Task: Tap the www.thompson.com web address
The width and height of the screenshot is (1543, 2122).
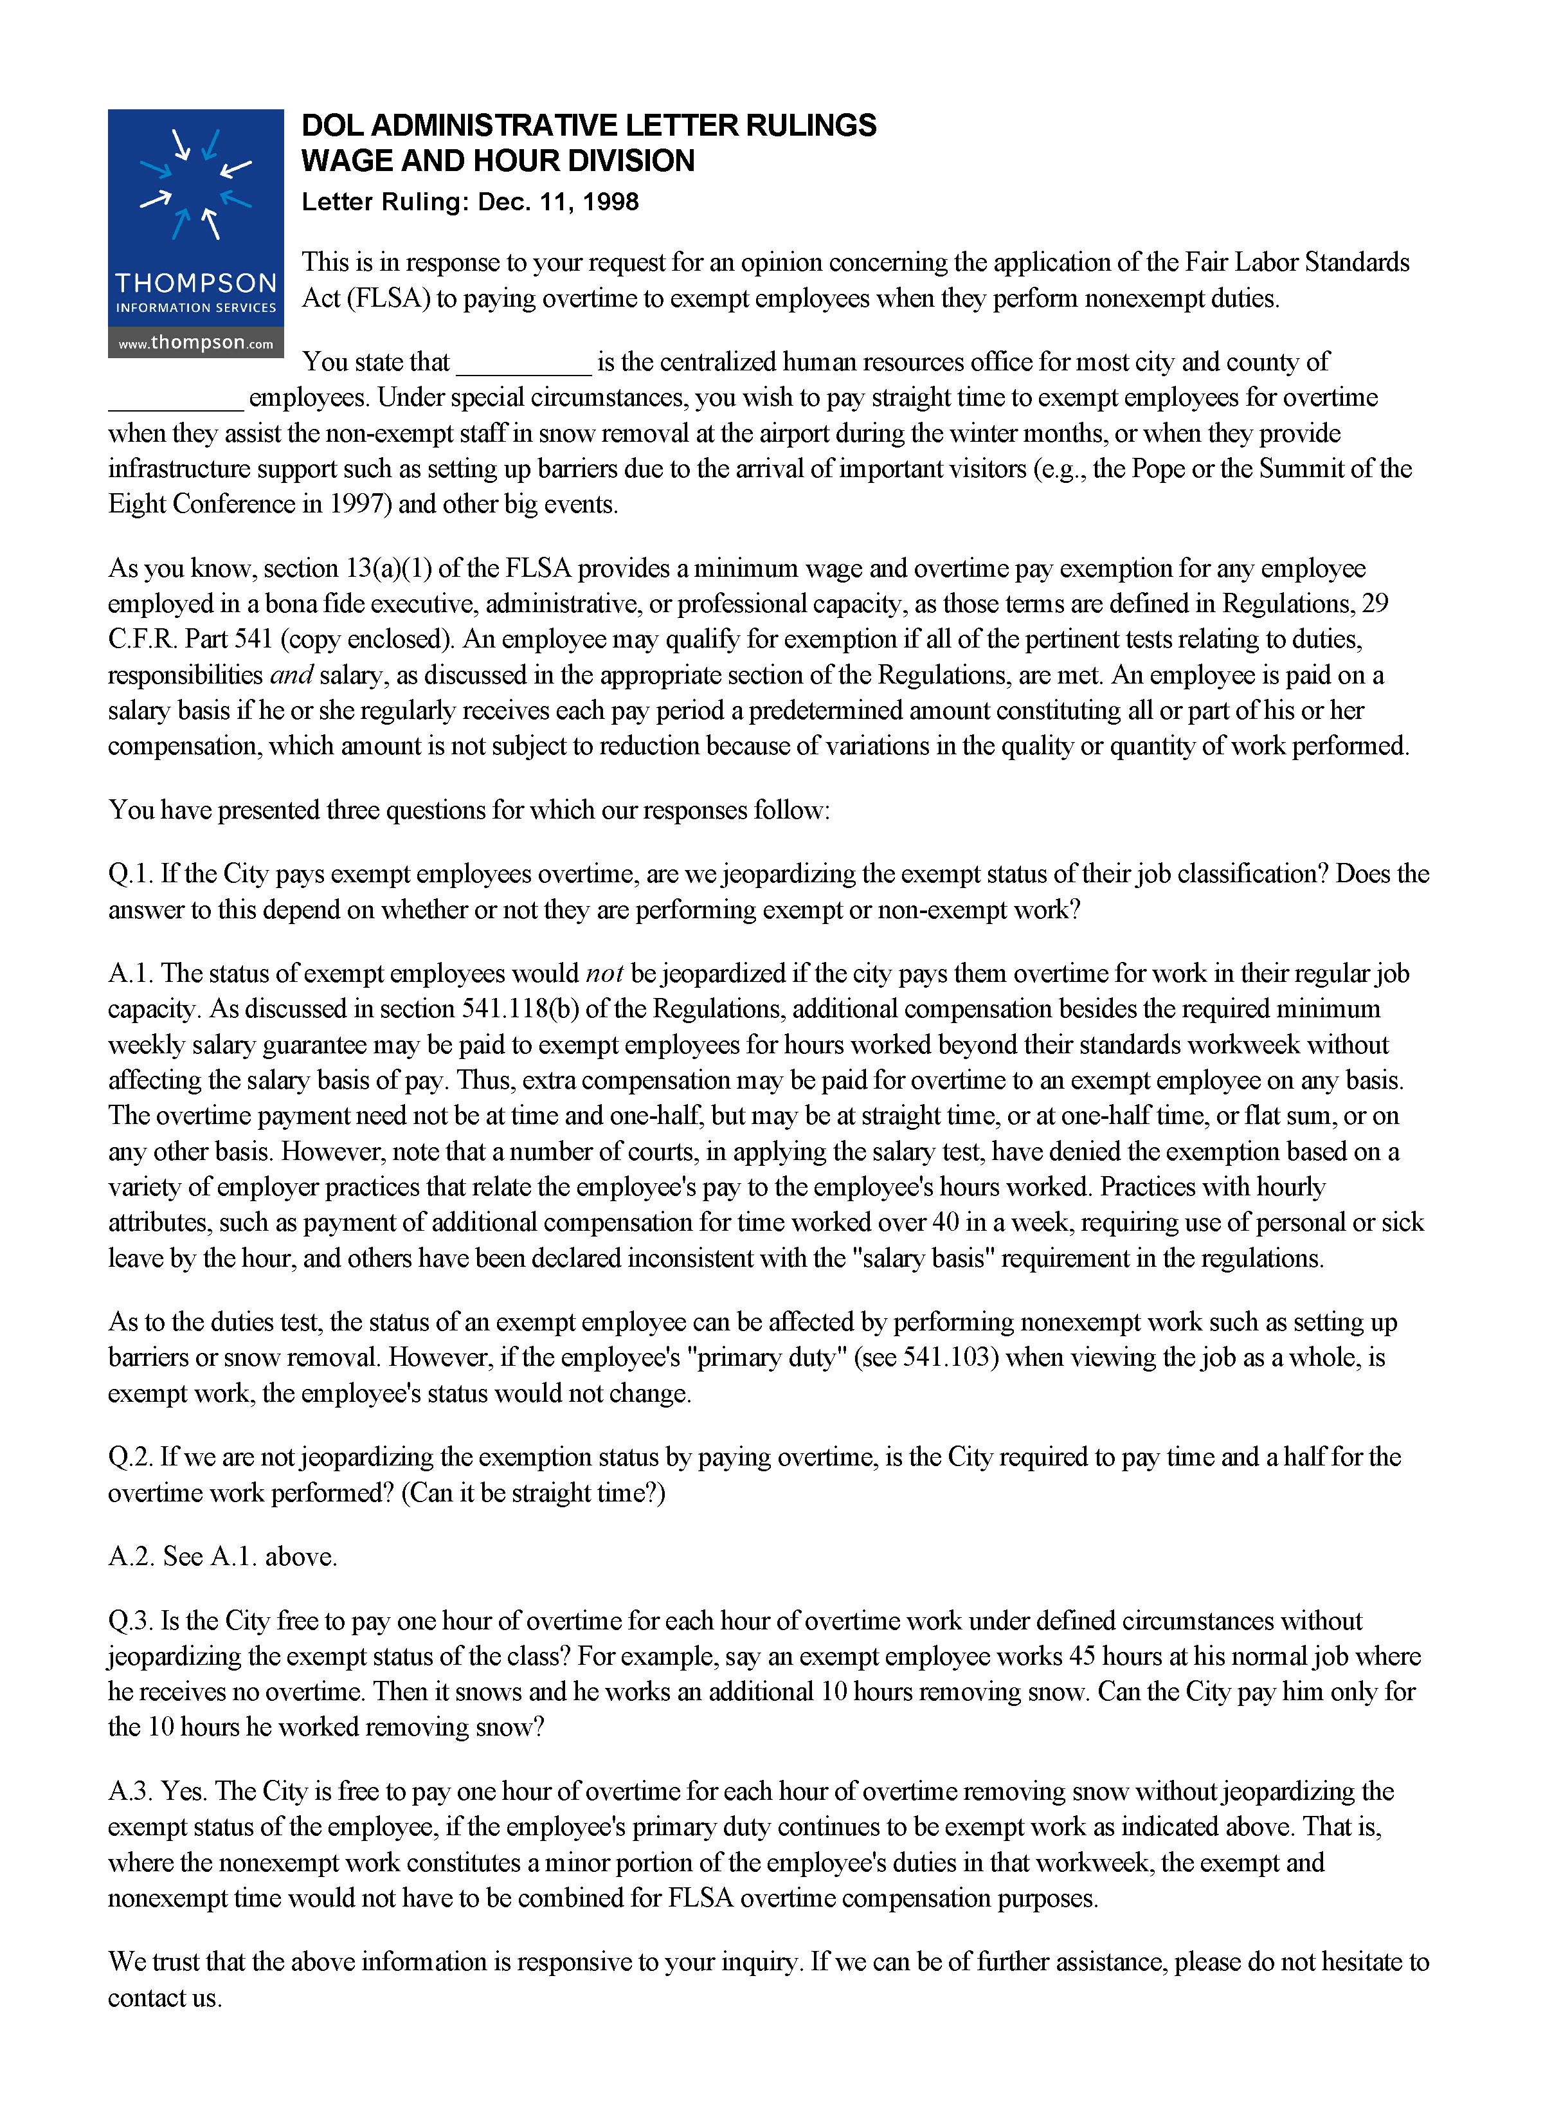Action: click(195, 343)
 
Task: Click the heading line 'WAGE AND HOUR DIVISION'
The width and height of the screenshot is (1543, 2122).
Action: click(498, 161)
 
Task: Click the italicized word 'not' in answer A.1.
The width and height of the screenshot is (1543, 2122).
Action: click(604, 974)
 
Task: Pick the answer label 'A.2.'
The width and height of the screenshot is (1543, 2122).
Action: click(131, 1557)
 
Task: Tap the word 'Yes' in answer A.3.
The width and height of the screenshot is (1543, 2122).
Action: click(183, 1791)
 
